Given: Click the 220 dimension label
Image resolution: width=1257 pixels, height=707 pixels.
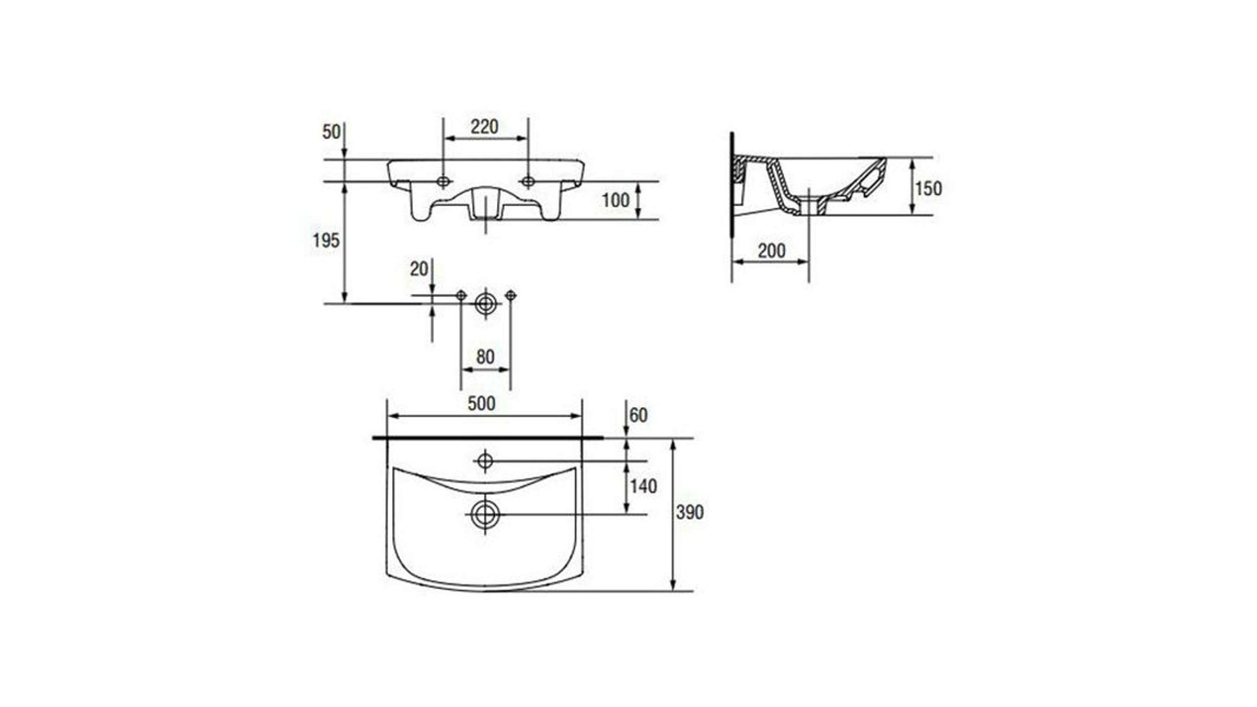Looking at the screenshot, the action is [x=484, y=126].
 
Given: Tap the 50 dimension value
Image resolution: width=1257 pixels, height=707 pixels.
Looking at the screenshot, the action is [x=331, y=132].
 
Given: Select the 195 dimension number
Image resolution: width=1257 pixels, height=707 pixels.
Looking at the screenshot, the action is [x=326, y=240].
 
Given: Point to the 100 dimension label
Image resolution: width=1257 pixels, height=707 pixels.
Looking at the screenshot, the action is [x=615, y=200].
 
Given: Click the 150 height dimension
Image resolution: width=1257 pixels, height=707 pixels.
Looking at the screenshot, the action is [x=928, y=189].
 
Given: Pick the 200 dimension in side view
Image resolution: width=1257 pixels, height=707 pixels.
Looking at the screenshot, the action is [x=771, y=250].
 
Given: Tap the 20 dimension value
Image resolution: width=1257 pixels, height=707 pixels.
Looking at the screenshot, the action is [x=419, y=268].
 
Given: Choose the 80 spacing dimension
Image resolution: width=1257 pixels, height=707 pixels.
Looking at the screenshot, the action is [x=485, y=357].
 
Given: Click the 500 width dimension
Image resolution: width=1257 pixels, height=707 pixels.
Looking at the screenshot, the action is [x=481, y=403].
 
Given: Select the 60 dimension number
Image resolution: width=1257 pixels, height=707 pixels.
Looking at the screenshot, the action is [x=638, y=415].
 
